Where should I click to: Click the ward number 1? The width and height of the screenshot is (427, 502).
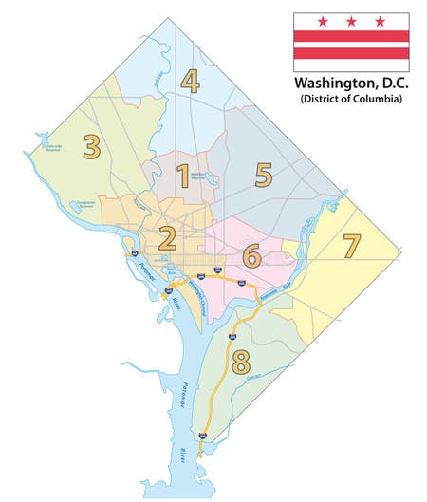click(x=183, y=175)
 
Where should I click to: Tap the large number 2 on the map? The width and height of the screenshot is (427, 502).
click(x=168, y=238)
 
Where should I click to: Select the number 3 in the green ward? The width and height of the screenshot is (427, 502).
click(x=91, y=147)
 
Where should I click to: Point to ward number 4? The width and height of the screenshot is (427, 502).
click(x=191, y=82)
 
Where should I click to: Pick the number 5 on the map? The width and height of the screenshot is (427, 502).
click(x=263, y=175)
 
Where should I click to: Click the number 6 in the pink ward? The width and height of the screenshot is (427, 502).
click(x=251, y=255)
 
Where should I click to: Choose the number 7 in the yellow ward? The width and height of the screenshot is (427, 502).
click(x=351, y=245)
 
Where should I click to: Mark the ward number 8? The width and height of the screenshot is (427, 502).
click(x=240, y=361)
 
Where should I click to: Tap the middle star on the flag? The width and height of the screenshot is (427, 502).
click(x=351, y=21)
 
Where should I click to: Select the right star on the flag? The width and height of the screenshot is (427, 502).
click(x=381, y=21)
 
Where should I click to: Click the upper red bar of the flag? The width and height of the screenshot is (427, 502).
click(x=351, y=35)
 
